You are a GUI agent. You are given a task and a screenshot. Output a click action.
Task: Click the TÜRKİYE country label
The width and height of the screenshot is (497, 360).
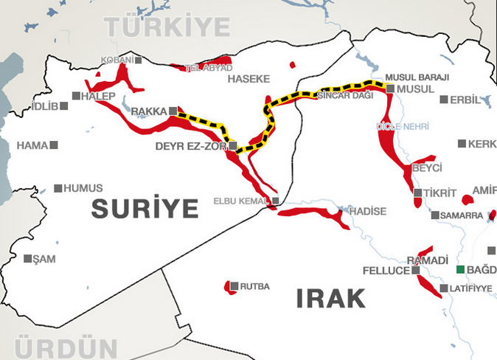point(168,27)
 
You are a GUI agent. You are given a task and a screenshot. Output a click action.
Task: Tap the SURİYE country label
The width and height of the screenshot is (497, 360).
point(145,209)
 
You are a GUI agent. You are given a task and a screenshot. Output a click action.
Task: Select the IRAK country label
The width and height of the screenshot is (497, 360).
point(331,298)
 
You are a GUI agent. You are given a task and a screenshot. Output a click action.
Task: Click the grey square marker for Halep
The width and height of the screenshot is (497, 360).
point(76,95)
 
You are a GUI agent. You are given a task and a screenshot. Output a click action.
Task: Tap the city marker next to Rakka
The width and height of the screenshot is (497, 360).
point(173,111)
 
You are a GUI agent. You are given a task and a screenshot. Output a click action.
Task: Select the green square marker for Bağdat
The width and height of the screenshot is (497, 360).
point(461,269)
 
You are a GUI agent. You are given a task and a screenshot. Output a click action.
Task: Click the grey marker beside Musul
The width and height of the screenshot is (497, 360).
point(390,89)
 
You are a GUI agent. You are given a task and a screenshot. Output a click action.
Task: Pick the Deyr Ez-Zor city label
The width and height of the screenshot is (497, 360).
point(191,146)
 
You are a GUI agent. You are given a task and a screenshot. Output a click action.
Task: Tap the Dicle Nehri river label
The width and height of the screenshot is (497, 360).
point(403,127)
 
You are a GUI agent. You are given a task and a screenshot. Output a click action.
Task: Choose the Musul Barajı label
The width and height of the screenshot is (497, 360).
point(406,77)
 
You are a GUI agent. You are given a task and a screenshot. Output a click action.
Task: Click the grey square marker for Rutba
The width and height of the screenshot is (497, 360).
point(234,286)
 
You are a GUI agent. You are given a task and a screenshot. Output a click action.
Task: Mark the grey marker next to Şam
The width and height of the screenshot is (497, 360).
point(28,259)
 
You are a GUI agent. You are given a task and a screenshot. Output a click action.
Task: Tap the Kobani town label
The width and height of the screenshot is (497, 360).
point(118,60)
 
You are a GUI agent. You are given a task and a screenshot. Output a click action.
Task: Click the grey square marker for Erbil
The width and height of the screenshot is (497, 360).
point(444,100)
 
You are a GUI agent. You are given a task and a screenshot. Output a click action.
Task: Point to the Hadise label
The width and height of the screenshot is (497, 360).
point(368,212)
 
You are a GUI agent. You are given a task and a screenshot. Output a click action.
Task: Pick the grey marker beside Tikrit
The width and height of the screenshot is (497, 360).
point(418,193)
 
